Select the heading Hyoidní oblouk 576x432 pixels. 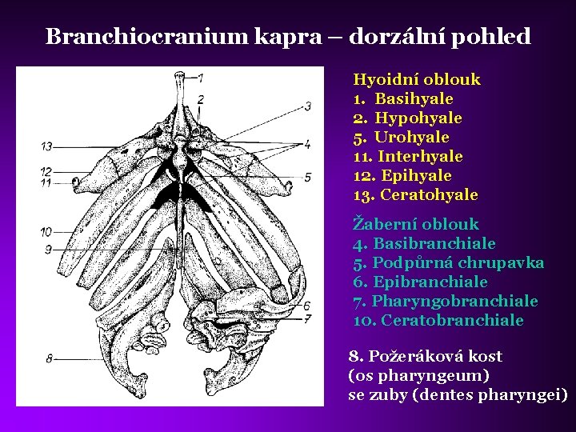(417, 80)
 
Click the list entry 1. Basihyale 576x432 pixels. (403, 99)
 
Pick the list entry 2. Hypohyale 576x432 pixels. (407, 118)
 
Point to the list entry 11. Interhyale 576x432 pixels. (408, 157)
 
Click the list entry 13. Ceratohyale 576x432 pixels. (415, 195)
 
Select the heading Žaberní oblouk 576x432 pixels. (416, 224)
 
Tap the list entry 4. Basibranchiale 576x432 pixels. (424, 243)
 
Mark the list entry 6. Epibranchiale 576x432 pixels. (420, 282)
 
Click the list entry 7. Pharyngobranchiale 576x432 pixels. (446, 302)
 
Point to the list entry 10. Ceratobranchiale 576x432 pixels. (438, 321)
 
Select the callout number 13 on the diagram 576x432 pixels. (47, 146)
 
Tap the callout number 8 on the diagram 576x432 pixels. (50, 358)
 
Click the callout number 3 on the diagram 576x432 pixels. (308, 106)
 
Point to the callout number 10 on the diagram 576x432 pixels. (46, 232)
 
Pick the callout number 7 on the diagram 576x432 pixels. (307, 319)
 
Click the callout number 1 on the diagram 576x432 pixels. (200, 78)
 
